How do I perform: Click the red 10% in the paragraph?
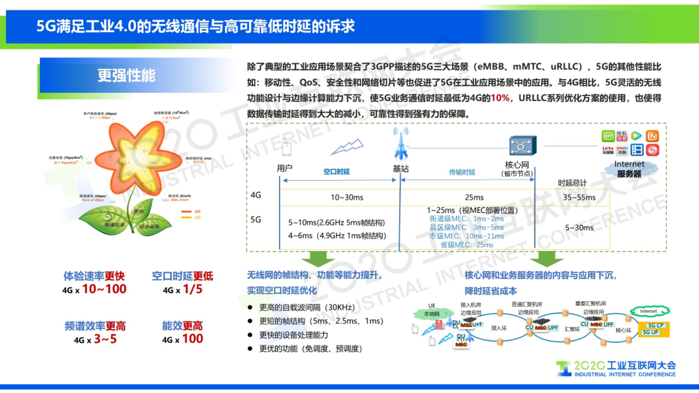[x=499, y=98]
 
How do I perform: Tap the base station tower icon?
[x=401, y=144]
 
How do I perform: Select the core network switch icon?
[x=522, y=146]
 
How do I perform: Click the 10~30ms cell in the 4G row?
[x=347, y=197]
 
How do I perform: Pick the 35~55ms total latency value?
[x=579, y=197]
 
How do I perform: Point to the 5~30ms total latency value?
[x=579, y=228]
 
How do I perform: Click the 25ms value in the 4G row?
[x=474, y=197]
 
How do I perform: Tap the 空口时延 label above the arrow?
[x=336, y=172]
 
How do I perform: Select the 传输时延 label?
[x=462, y=172]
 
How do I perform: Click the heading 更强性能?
[x=126, y=75]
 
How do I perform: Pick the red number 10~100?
[x=104, y=289]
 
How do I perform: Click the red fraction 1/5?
[x=192, y=289]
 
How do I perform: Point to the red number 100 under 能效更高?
[x=192, y=339]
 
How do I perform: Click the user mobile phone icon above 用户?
[x=286, y=148]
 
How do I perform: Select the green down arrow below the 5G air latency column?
[x=318, y=259]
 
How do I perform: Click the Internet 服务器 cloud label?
[x=629, y=169]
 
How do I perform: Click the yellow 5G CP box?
[x=655, y=325]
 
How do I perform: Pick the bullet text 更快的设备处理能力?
[x=293, y=335]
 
